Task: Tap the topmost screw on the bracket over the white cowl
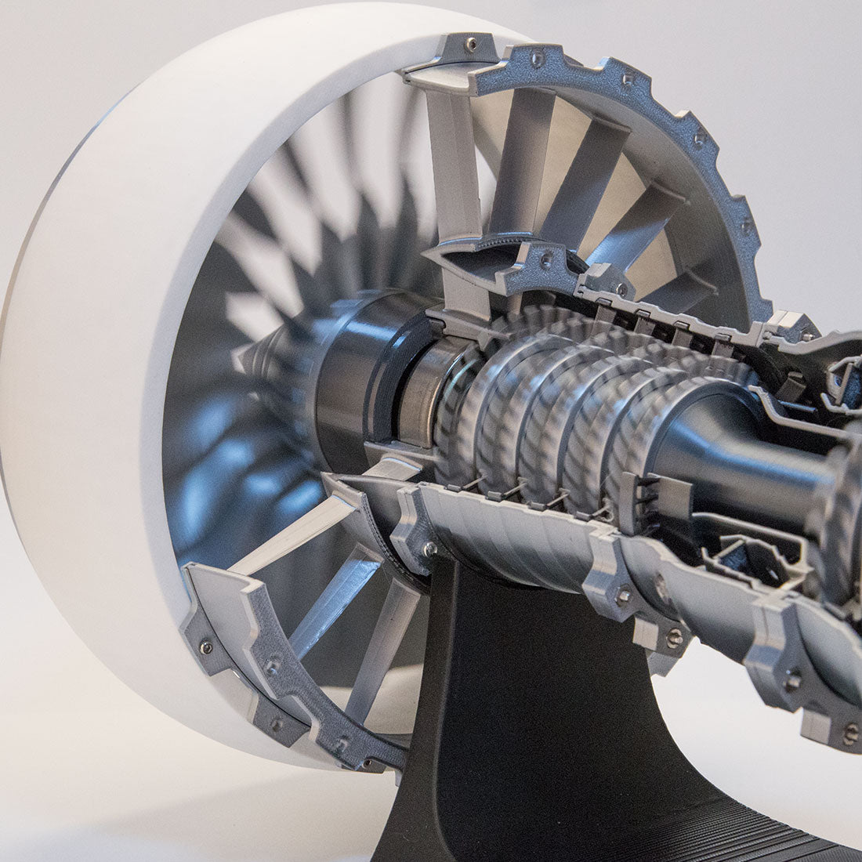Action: click(x=470, y=45)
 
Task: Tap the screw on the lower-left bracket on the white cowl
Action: click(x=206, y=647)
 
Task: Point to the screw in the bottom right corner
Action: click(x=850, y=734)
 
